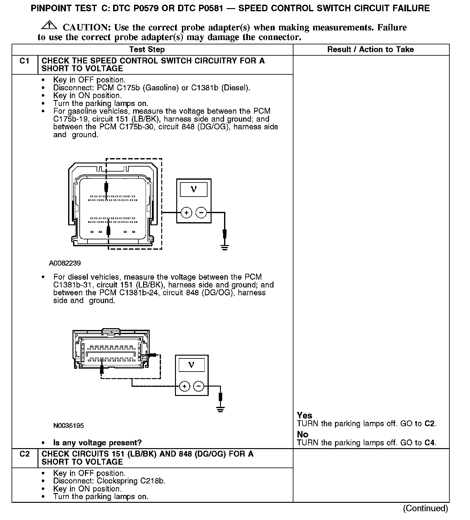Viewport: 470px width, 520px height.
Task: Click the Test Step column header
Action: tap(147, 50)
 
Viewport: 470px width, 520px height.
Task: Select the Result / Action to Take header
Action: tap(370, 50)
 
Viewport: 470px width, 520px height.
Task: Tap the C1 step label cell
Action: tap(24, 61)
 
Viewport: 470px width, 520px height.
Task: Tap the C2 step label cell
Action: tap(24, 454)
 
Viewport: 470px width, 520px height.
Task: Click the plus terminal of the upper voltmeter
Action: tap(186, 213)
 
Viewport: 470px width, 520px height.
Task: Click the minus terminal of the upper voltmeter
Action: tap(201, 213)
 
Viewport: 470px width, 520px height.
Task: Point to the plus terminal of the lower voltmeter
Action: tap(185, 386)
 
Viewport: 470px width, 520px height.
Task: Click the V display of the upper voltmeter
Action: tap(194, 190)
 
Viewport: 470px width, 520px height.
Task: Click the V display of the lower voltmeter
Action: tap(192, 365)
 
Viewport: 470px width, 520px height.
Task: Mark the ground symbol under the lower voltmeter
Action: tap(221, 410)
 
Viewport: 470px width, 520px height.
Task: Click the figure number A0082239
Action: tap(65, 263)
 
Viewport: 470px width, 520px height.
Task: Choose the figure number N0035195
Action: tap(68, 425)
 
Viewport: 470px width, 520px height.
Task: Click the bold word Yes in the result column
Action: tap(304, 415)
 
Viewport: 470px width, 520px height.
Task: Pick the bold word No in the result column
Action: tap(302, 434)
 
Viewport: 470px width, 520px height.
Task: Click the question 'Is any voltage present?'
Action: tap(97, 442)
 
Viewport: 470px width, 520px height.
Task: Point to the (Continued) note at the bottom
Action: tap(426, 508)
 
